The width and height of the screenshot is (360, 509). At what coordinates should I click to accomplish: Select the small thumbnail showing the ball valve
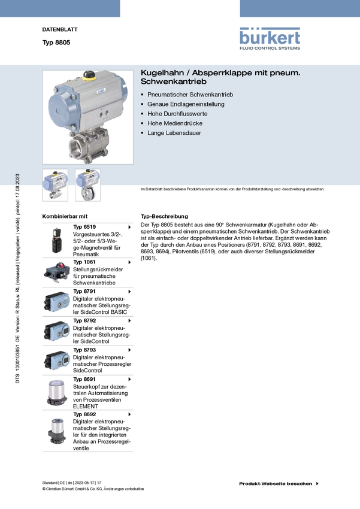point(55,185)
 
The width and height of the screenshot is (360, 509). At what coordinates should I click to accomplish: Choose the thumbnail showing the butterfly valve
point(87,185)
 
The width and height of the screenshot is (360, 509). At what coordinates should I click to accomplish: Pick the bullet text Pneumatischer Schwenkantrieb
point(190,95)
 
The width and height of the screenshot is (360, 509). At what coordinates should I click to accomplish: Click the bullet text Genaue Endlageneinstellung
point(186,104)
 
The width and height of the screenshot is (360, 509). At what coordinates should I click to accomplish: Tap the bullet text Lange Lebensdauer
point(174,133)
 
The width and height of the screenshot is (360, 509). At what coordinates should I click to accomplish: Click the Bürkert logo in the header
point(270,37)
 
